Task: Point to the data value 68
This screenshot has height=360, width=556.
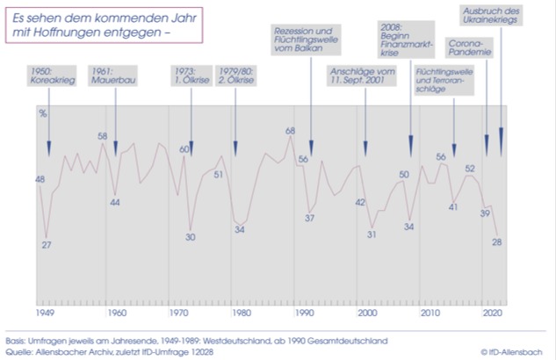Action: tap(290, 131)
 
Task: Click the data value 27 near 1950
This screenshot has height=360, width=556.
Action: tap(47, 244)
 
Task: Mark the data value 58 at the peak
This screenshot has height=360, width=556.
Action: tap(102, 136)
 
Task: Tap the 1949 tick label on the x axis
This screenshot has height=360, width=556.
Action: tap(42, 312)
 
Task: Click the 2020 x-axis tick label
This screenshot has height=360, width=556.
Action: tap(493, 312)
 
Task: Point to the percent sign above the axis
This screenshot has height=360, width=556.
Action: tap(41, 113)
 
